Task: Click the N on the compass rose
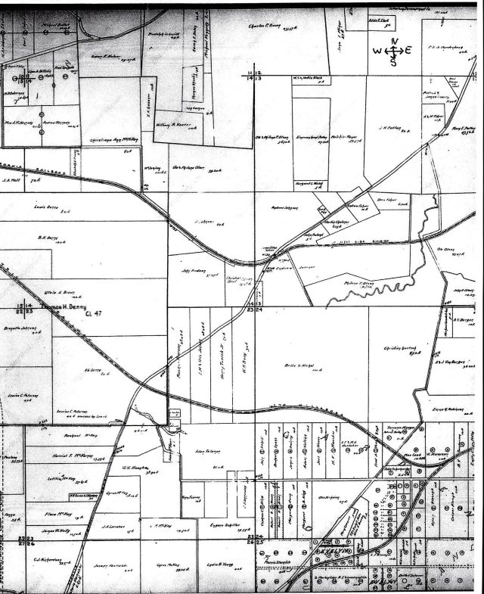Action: point(392,42)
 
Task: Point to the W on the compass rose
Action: point(377,51)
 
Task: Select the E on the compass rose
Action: point(408,51)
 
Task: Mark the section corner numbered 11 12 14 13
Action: point(254,74)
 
